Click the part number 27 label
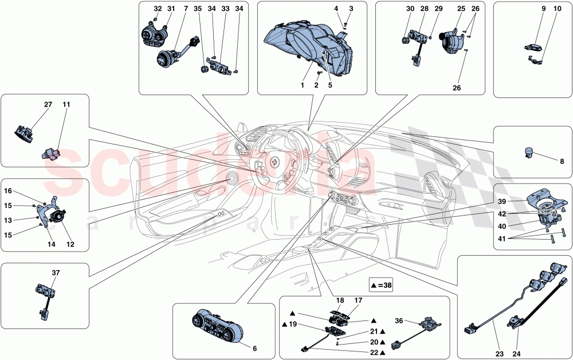click(x=48, y=105)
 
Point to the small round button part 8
click(x=529, y=152)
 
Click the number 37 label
click(x=56, y=272)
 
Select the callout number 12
click(x=70, y=244)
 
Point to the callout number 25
click(x=461, y=9)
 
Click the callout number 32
click(x=157, y=9)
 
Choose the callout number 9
click(x=542, y=9)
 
